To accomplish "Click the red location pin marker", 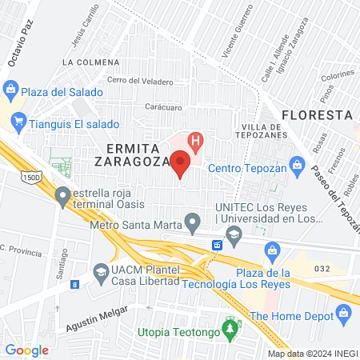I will click(x=181, y=164).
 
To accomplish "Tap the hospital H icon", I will click(x=194, y=143).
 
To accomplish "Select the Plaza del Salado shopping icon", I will click(x=10, y=90).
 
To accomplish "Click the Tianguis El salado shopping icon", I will click(x=18, y=124).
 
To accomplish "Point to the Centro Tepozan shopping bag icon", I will click(x=297, y=167).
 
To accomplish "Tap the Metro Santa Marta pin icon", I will click(x=192, y=221).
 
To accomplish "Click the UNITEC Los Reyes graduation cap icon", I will click(x=234, y=234).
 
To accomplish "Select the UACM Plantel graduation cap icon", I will click(x=101, y=274).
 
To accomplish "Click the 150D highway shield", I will click(x=30, y=176).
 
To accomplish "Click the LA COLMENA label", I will click(x=90, y=62).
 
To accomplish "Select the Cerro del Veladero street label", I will click(x=140, y=80).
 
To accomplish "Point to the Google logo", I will click(x=27, y=350).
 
